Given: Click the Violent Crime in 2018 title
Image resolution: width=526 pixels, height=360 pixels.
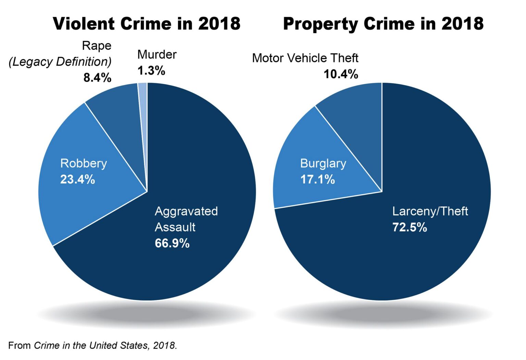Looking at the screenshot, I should coord(147,24).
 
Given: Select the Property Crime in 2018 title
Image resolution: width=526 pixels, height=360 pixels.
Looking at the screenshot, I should coord(383,24).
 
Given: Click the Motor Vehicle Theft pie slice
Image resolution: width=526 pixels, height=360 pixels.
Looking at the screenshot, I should coord(356,116).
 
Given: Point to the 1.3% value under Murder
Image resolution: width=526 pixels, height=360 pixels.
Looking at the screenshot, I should coord(151,71).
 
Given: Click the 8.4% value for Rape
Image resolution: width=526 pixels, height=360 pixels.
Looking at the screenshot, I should coord(97,78).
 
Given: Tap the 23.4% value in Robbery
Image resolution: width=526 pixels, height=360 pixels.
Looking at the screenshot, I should coord(77,179).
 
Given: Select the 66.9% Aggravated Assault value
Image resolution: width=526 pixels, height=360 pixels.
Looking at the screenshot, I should coord(172,243).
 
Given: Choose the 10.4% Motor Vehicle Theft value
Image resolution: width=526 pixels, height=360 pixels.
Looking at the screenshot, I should coord(341,74).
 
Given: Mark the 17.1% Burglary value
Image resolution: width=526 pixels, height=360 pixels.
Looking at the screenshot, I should coord(317,179).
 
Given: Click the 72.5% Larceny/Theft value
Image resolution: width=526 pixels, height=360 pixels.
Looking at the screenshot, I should coord(410,227).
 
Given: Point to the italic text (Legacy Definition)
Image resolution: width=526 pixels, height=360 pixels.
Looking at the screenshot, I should coord(60,62).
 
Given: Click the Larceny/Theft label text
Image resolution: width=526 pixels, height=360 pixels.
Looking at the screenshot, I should coord(430,211).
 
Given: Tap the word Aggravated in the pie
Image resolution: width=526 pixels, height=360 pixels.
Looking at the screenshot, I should coord(186,211).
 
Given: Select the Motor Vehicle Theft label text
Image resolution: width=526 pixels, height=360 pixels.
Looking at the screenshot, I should coord(305,58).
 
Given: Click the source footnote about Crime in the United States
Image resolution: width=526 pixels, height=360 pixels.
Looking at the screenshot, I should coord(92,345).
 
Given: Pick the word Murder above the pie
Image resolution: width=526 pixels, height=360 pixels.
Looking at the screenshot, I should coord(157,54).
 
